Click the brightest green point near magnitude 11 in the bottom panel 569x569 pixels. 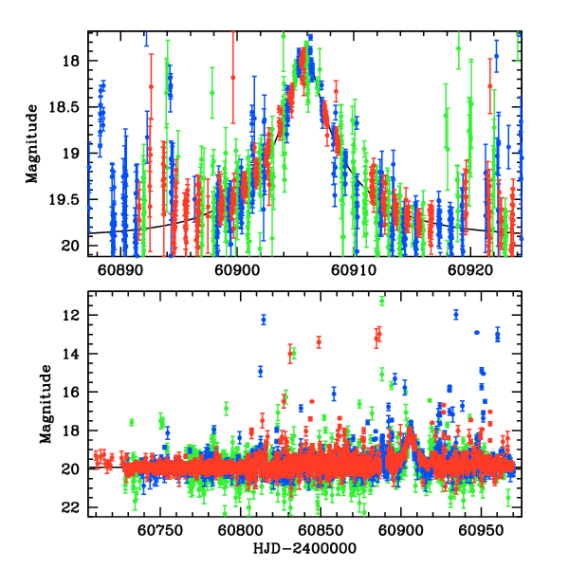(381, 301)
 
